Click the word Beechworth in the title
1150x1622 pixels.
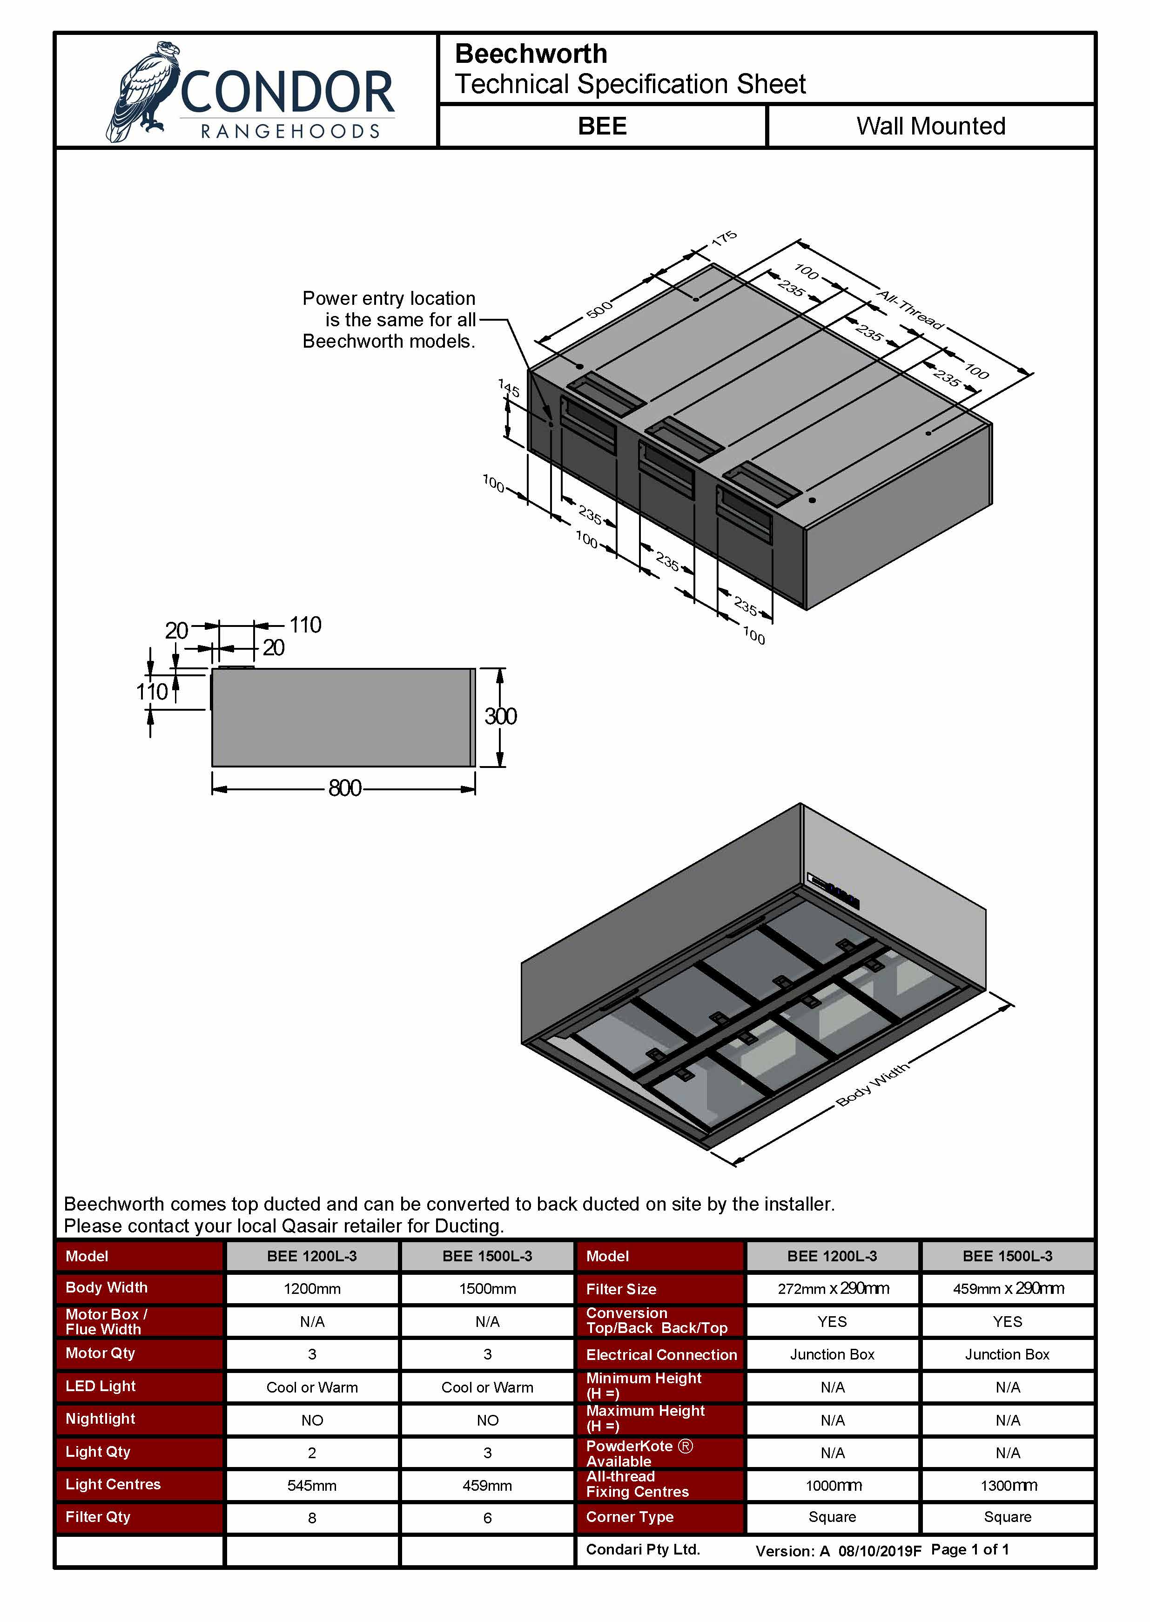coord(531,54)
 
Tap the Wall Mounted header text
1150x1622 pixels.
coord(930,127)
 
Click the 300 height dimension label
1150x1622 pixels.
coord(500,716)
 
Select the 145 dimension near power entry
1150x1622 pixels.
coord(509,388)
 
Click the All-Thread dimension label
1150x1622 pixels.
coord(911,310)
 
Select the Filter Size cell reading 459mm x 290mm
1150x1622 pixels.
coord(1007,1289)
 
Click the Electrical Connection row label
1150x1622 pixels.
coord(661,1354)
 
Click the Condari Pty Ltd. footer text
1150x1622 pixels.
coord(642,1549)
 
